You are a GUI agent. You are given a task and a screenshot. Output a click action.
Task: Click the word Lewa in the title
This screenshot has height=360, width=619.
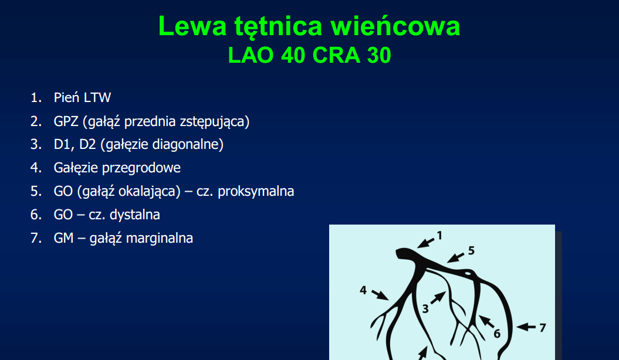[x=192, y=26]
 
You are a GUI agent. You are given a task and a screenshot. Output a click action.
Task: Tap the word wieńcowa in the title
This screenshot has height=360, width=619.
[x=395, y=26]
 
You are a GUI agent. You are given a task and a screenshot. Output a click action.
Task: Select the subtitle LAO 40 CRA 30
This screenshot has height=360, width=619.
[x=310, y=55]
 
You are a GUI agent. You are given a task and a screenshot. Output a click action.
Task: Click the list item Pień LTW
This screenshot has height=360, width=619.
[x=82, y=97]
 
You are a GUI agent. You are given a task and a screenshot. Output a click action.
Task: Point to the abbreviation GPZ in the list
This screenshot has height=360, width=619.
[x=66, y=121]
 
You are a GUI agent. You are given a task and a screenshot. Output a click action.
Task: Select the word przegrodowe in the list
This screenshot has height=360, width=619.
[x=141, y=168]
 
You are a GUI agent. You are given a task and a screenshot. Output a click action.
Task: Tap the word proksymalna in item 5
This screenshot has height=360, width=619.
[x=256, y=191]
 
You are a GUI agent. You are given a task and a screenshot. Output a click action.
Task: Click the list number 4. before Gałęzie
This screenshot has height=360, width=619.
[x=36, y=168]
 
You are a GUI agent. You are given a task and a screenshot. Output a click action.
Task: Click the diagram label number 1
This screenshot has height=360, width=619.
[x=439, y=236]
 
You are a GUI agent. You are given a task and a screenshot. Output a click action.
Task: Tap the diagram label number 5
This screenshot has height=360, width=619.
[x=471, y=251]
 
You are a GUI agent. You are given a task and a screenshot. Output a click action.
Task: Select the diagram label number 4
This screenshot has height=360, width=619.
[x=363, y=291]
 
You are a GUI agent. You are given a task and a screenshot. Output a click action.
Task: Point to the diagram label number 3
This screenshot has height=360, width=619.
[x=425, y=309]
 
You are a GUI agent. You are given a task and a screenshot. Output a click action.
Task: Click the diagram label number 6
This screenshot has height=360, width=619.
[x=497, y=334]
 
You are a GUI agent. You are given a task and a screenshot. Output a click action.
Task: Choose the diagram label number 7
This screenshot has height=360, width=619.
[x=543, y=328]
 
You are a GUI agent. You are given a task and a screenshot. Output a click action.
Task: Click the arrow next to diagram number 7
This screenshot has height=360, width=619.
[x=526, y=327]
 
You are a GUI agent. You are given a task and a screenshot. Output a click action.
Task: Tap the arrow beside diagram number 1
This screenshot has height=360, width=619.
[x=425, y=242]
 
